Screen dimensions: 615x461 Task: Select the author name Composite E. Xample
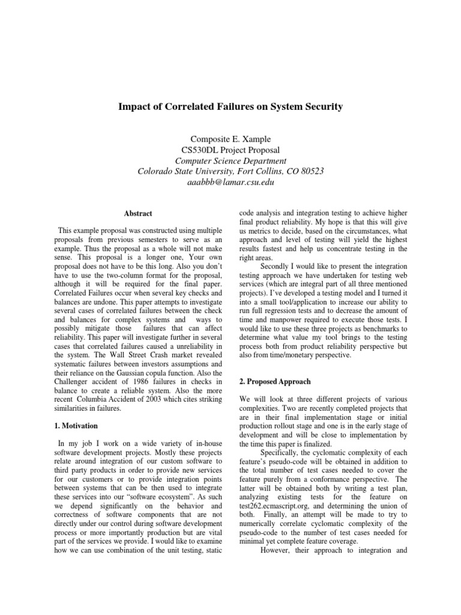[x=231, y=139]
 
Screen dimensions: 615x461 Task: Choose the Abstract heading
[x=138, y=213]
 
